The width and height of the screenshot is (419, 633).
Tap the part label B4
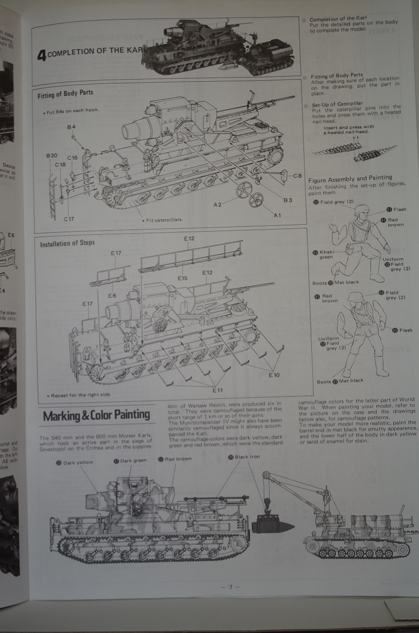click(71, 127)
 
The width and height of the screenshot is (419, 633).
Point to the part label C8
click(298, 176)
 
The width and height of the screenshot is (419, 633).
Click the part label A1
click(278, 215)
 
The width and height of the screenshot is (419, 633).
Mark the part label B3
click(288, 200)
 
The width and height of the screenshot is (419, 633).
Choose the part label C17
click(69, 218)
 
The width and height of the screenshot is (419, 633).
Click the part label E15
click(183, 278)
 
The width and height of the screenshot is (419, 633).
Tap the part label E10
click(274, 375)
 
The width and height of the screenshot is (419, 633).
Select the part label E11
click(218, 390)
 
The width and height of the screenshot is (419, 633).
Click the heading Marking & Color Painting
click(96, 415)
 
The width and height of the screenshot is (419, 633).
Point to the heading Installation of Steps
click(68, 243)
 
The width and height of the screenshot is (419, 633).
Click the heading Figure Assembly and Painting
click(350, 178)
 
